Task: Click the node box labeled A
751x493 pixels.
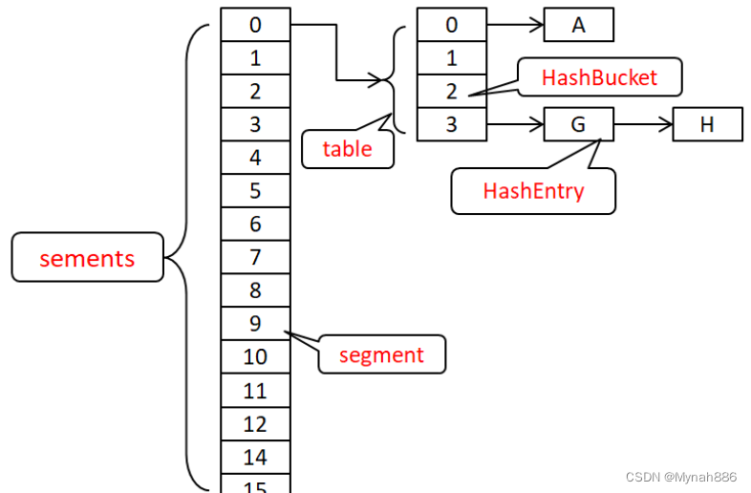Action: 578,25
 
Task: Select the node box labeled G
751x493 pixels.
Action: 578,124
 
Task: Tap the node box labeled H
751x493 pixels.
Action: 706,124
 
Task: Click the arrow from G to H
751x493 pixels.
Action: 642,124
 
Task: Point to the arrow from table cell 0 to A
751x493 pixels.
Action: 515,25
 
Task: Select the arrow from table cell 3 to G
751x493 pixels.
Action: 515,124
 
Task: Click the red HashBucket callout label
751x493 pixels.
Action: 599,77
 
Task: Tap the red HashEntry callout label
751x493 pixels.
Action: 533,190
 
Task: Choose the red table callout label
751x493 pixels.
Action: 347,148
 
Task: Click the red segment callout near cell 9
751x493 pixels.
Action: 381,354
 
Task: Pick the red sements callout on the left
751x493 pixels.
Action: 87,258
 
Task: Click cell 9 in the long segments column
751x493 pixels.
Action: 255,324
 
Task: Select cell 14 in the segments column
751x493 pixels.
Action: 255,457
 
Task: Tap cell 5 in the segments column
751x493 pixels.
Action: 255,191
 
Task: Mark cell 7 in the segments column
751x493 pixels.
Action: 255,257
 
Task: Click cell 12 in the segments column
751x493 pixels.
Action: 255,423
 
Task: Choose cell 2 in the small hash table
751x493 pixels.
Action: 452,92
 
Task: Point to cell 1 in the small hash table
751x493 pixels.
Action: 452,58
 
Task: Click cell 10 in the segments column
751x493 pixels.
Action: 255,357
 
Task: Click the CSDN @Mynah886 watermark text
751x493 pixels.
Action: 680,477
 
